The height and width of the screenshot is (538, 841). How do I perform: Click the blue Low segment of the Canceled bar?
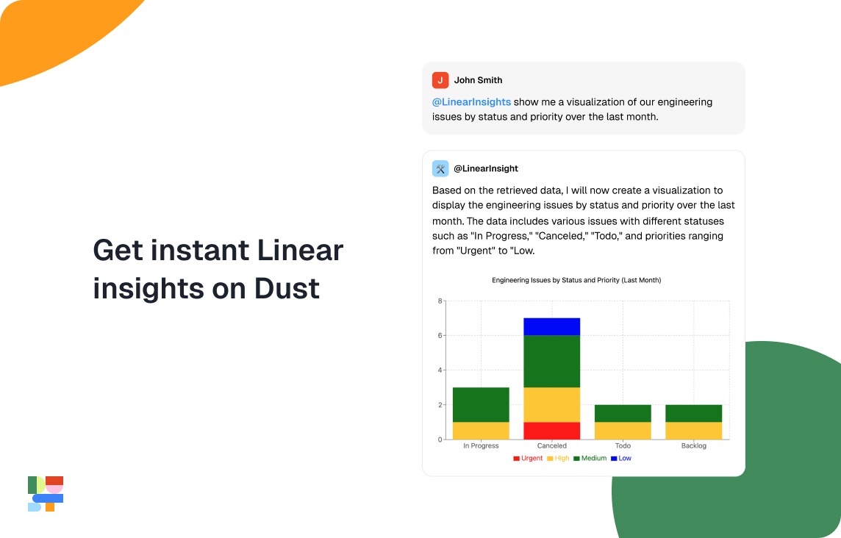(552, 326)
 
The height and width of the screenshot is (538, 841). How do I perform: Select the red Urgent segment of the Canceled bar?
(552, 431)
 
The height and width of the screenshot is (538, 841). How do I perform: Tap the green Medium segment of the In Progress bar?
(481, 404)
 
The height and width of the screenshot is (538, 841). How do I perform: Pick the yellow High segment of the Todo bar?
(623, 431)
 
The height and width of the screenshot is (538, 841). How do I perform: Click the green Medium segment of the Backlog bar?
(693, 413)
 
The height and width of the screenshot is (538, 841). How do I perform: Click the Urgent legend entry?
(528, 458)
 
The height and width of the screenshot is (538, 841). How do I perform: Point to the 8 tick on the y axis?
(439, 301)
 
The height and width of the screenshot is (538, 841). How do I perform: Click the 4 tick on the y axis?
(439, 370)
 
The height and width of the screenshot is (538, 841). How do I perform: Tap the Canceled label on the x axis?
(552, 446)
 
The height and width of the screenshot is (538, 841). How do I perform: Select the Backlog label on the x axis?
(693, 446)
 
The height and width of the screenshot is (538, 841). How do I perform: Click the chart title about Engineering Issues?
(576, 280)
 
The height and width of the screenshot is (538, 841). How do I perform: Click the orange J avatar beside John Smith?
(440, 80)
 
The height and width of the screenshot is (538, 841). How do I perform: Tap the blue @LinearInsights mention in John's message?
(471, 102)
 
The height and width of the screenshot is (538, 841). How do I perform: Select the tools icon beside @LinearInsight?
(440, 168)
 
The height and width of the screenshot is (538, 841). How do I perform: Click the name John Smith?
(478, 80)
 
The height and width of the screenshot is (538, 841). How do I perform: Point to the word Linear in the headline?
(300, 251)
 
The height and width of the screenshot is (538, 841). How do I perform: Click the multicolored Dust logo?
(46, 494)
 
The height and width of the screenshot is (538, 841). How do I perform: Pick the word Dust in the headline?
(287, 288)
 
